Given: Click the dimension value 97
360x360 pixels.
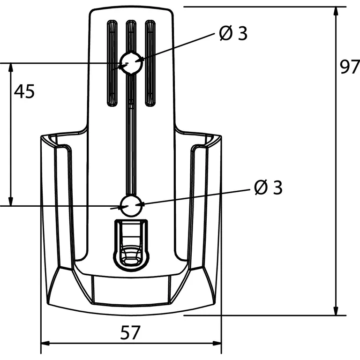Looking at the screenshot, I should click(x=349, y=68).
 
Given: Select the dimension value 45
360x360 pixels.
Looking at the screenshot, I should click(x=24, y=91).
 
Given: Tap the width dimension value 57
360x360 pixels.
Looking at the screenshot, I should click(x=130, y=333).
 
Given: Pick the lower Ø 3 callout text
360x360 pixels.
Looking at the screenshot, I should click(x=268, y=187).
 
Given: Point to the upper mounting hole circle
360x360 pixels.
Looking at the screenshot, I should click(x=131, y=62).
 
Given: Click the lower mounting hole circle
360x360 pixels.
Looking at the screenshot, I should click(x=131, y=205).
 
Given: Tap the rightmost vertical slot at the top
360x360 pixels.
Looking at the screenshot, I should click(x=150, y=63).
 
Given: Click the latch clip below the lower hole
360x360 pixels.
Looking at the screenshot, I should click(x=131, y=244).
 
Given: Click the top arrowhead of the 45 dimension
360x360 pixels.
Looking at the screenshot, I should click(x=10, y=67).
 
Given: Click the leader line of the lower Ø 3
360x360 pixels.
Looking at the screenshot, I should click(x=197, y=196).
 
